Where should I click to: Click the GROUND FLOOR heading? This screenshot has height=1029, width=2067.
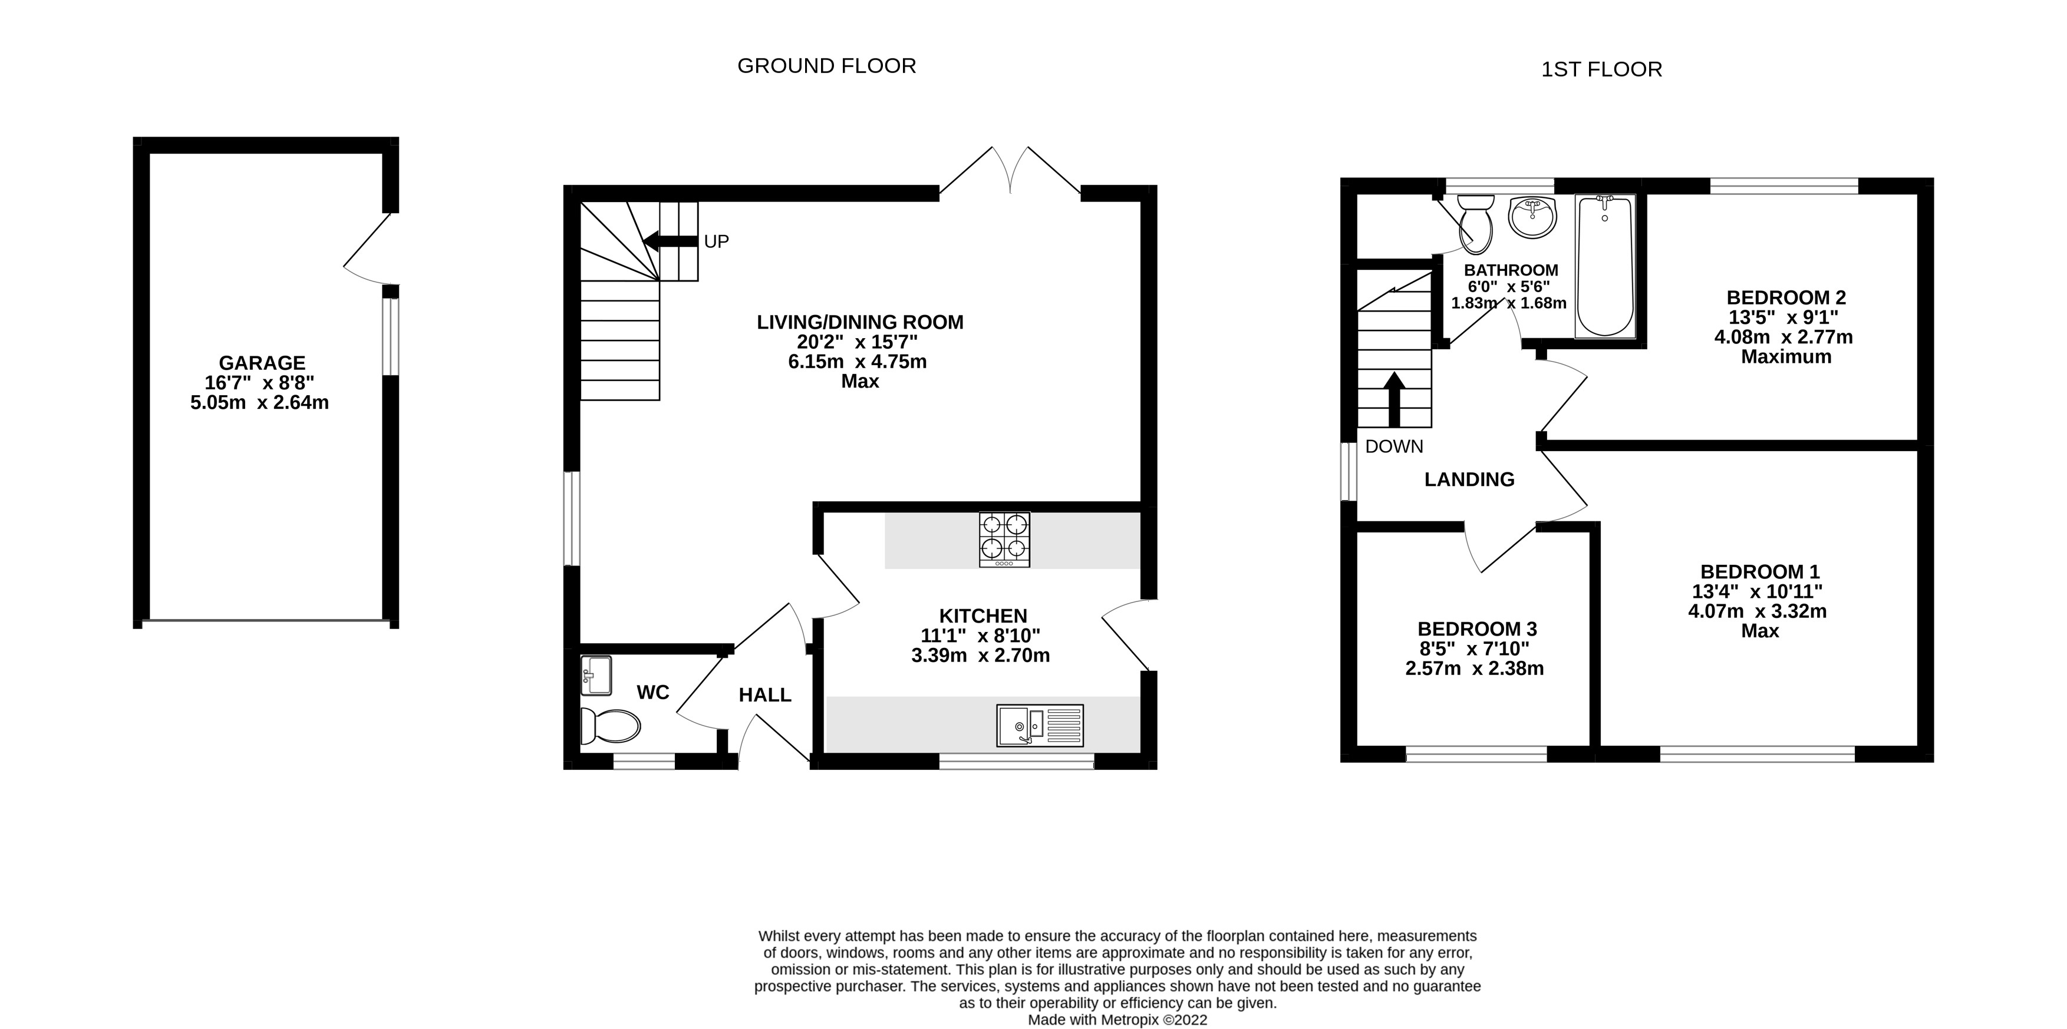(826, 66)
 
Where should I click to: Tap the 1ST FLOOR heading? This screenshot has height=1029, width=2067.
(1601, 70)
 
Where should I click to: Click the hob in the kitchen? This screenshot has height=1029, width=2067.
(1004, 540)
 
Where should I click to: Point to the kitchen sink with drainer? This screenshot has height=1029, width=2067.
(1039, 725)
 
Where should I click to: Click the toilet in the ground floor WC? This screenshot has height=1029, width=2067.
(610, 726)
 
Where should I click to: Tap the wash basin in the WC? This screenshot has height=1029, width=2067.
(596, 676)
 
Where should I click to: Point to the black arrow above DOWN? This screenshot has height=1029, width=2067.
(1395, 399)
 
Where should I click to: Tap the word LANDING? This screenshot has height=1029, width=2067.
(1469, 479)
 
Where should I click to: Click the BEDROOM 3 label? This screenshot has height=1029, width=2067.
(1476, 629)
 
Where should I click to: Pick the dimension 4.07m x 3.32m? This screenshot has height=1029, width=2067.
(1756, 611)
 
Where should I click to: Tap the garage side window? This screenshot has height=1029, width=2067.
(390, 336)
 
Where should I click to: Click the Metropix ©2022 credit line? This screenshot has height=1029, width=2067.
(1117, 1020)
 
